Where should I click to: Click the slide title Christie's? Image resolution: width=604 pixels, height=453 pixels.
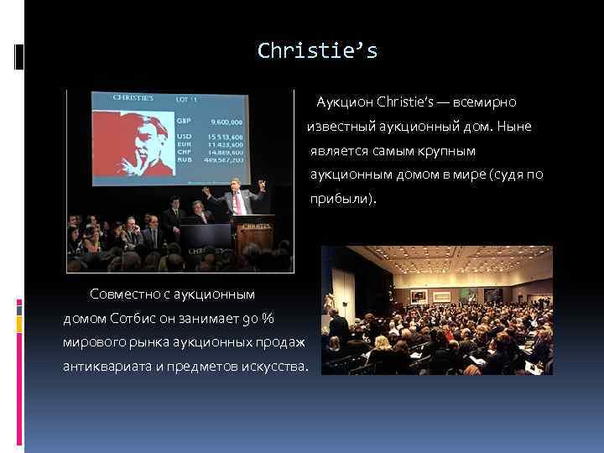coord(318,51)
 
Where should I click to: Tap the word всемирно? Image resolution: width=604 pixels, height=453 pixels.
coord(484,102)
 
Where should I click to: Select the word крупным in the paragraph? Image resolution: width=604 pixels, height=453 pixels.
coord(445,151)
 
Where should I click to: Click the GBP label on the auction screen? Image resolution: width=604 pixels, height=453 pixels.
coord(183,120)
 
